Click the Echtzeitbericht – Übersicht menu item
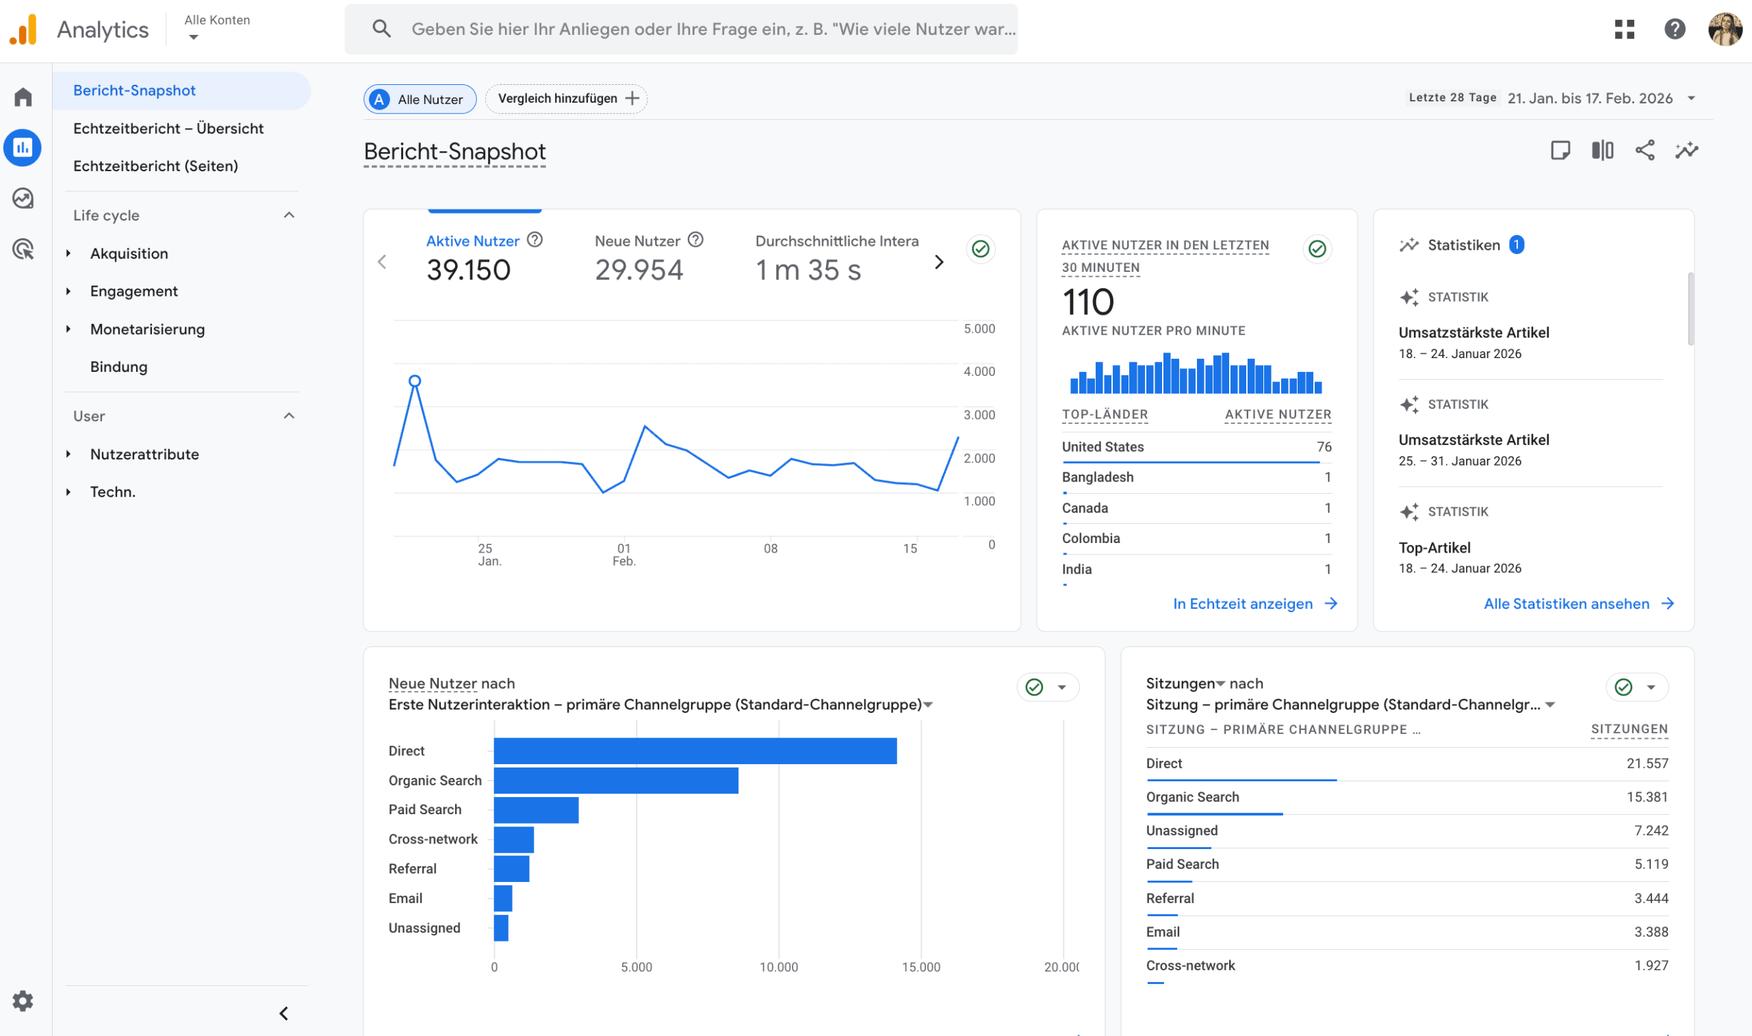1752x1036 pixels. pos(168,129)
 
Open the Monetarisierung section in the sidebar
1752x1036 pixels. pos(147,329)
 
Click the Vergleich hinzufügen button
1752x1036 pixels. pos(567,99)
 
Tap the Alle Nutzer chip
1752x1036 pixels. pos(420,99)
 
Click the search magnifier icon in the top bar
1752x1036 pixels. pos(381,29)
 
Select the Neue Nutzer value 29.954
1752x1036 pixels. pos(639,270)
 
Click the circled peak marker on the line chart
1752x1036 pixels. pos(415,381)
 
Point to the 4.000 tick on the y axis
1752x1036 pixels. pos(979,371)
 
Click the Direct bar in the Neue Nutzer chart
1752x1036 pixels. pos(695,750)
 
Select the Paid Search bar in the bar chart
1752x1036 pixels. pos(536,810)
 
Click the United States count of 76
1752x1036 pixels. pos(1324,447)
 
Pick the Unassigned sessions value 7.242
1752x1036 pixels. pos(1650,831)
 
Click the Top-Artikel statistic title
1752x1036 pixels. pos(1434,548)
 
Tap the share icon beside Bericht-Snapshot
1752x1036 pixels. pos(1645,150)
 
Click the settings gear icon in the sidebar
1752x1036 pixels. pos(23,1001)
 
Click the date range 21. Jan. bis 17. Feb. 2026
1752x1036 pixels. pos(1589,99)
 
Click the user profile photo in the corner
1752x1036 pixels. pos(1724,29)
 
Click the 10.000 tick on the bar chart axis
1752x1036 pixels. pos(779,967)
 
